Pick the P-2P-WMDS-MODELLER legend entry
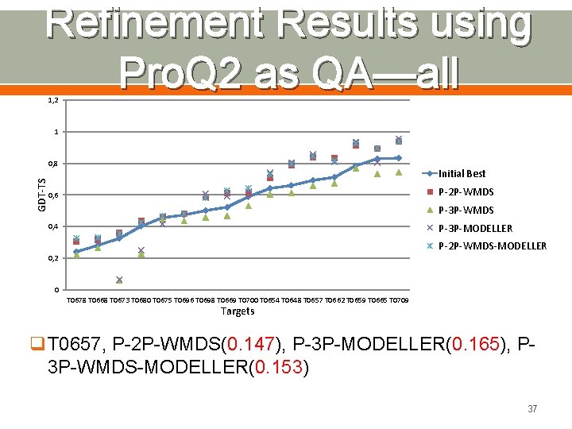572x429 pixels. pyautogui.click(x=492, y=245)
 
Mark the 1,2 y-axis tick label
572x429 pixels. pyautogui.click(x=52, y=100)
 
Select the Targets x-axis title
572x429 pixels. pyautogui.click(x=238, y=311)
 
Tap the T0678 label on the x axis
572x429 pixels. pyautogui.click(x=76, y=300)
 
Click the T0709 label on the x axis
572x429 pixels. pyautogui.click(x=399, y=300)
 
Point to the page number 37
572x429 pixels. pyautogui.click(x=532, y=409)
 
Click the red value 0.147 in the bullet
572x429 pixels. pyautogui.click(x=253, y=345)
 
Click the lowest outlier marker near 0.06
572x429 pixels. pyautogui.click(x=119, y=280)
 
